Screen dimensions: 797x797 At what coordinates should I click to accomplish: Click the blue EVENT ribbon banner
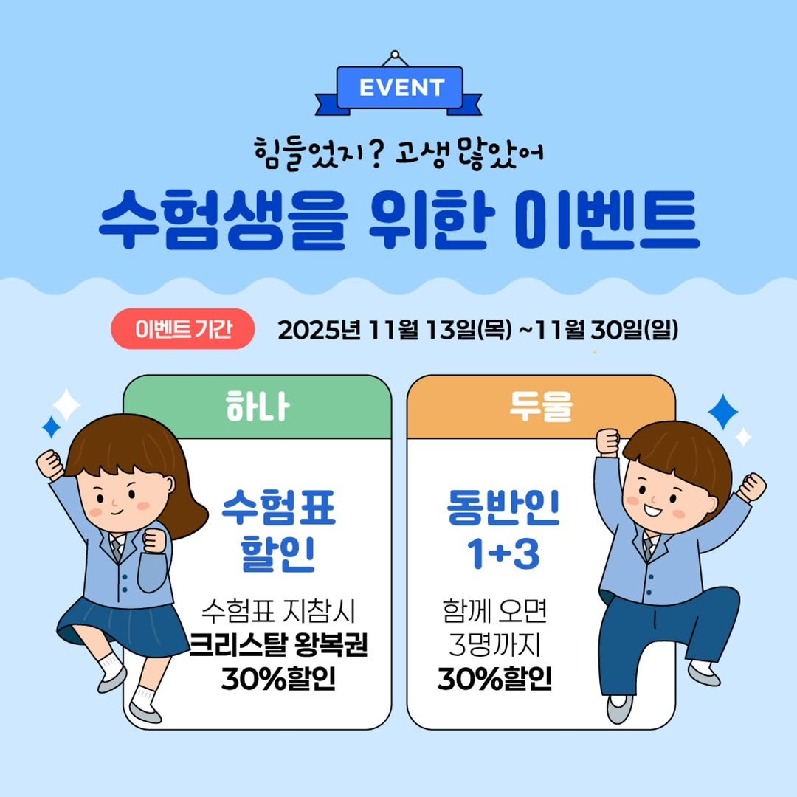click(399, 88)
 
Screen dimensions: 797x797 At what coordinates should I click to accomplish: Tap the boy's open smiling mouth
click(656, 510)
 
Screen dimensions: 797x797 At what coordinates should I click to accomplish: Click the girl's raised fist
click(50, 464)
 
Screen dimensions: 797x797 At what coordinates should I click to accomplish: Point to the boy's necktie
click(649, 547)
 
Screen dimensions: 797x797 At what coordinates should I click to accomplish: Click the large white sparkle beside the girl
click(66, 405)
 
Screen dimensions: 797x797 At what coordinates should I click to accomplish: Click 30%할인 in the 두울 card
click(494, 678)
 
